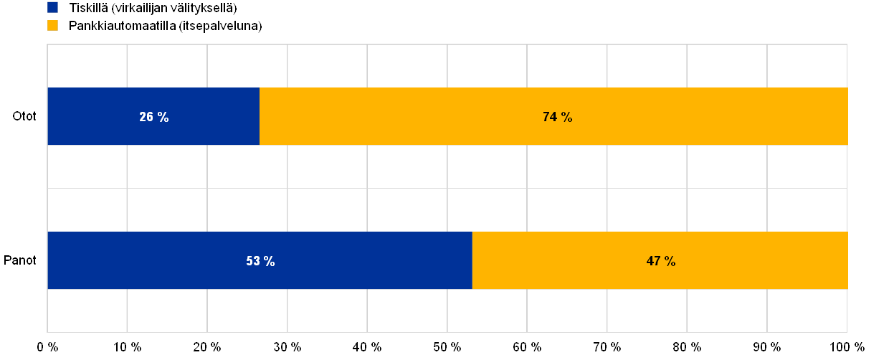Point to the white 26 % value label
pos(154,117)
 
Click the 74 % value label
pos(557,117)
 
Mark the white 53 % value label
pos(260,261)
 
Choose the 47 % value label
pos(660,261)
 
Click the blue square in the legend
pos(52,8)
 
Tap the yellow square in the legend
pos(52,25)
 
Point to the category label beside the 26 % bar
pos(24,117)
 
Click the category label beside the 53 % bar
pos(21,261)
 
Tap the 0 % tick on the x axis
pos(48,346)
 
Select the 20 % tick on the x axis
pos(207,346)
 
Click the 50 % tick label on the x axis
pos(447,346)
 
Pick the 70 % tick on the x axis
pos(607,346)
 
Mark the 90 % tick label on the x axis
pos(767,346)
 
